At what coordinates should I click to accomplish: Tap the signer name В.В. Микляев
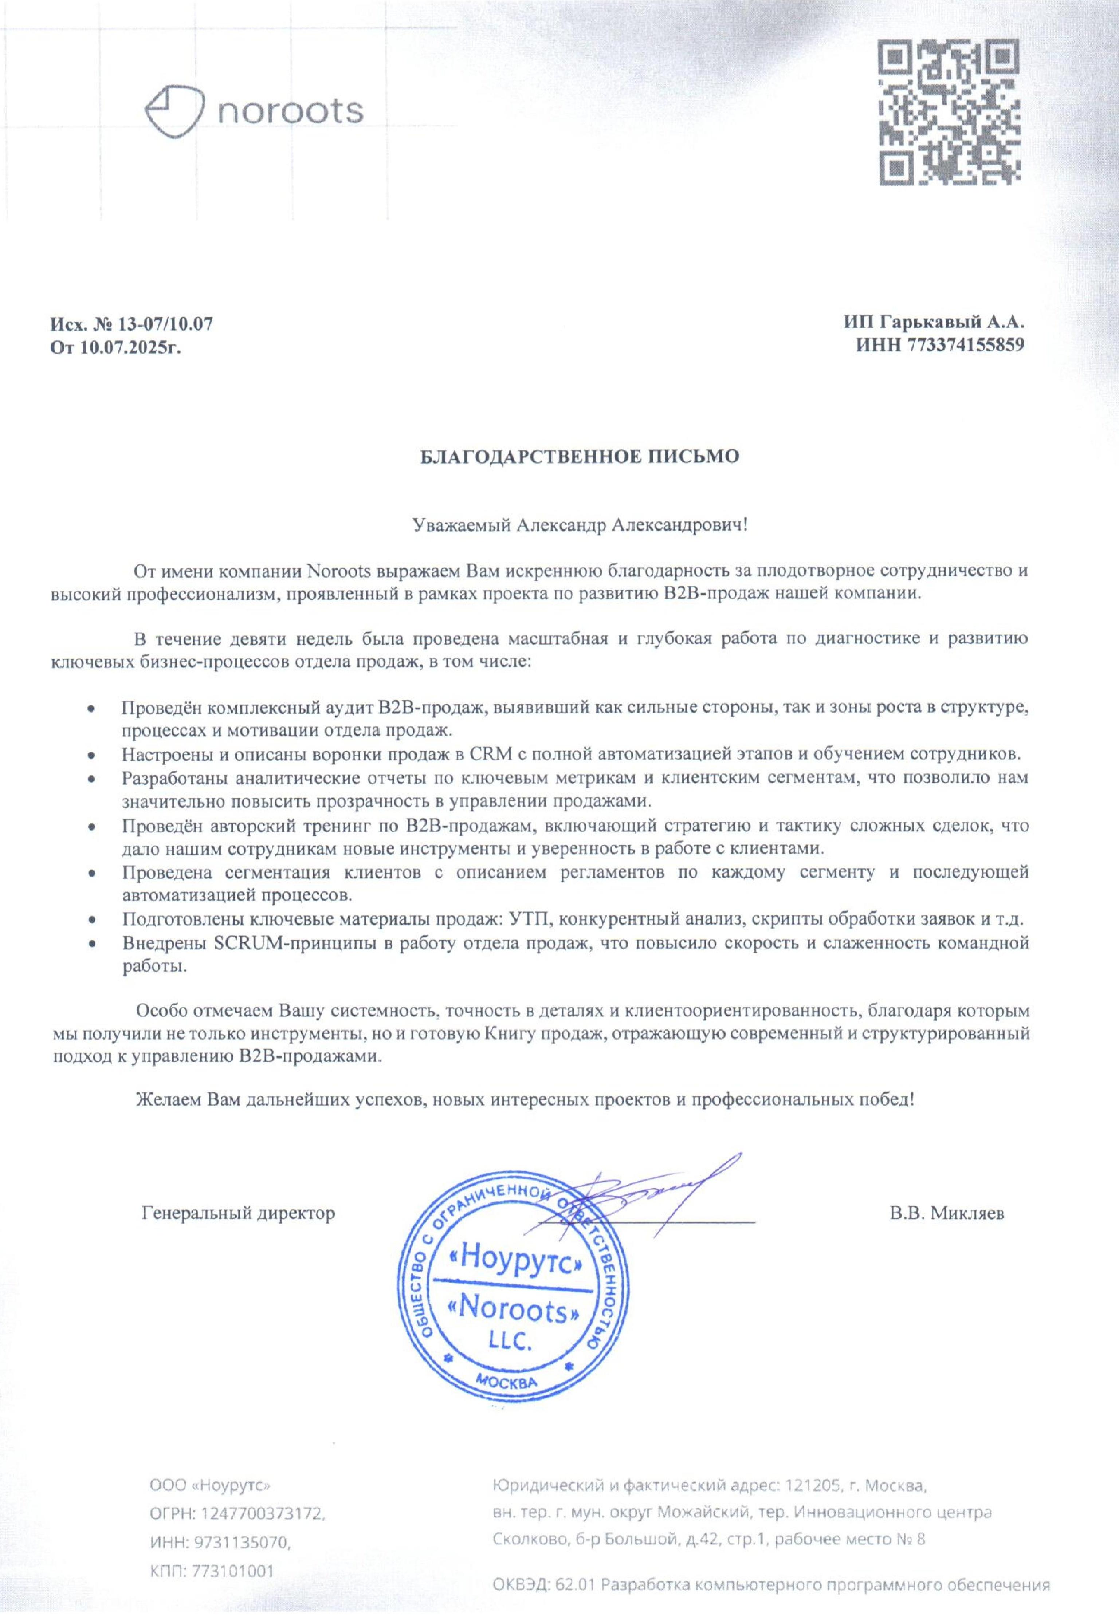946,1212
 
